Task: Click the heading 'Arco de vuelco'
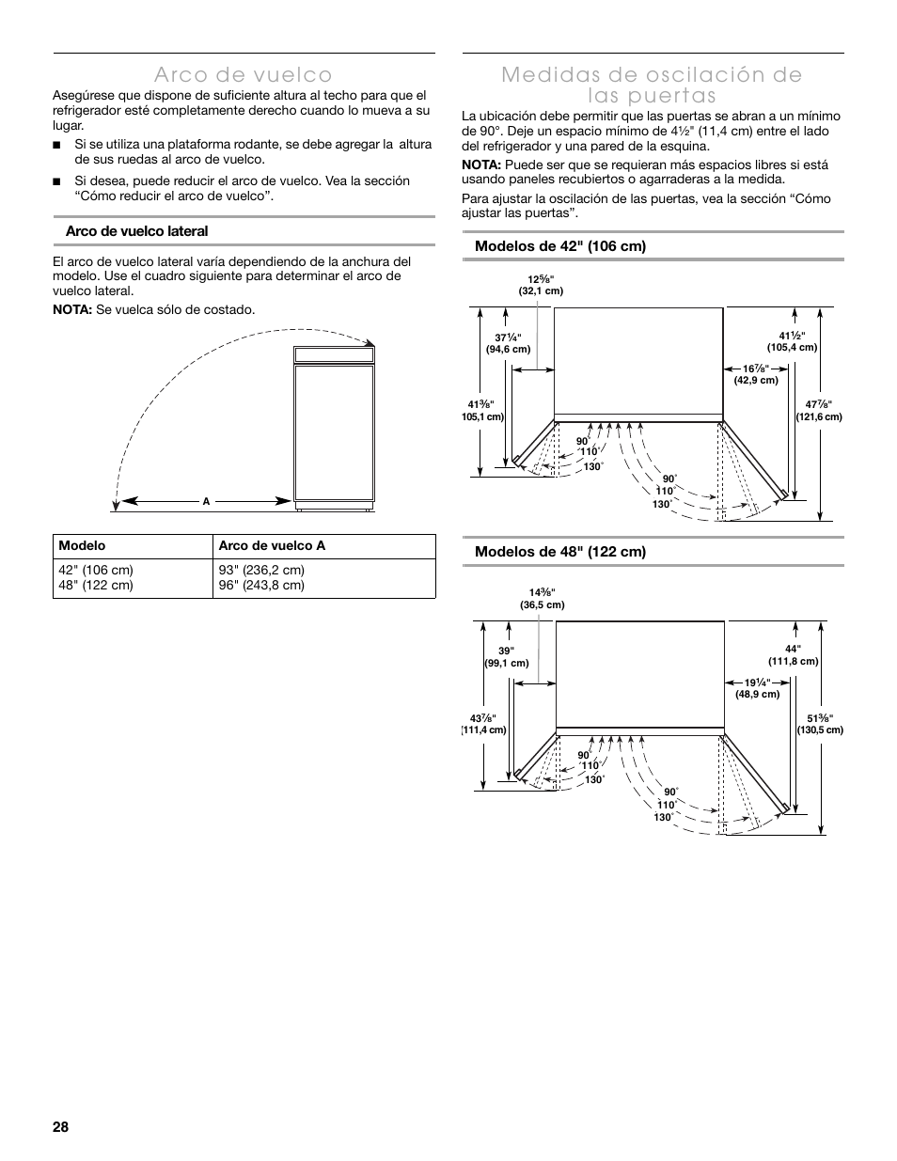[244, 74]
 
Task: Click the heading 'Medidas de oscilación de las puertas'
[652, 85]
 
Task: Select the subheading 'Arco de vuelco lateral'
[136, 231]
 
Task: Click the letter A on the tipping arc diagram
[206, 501]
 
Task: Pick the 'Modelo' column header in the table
[82, 546]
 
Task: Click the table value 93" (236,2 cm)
[261, 570]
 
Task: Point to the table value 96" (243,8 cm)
[261, 585]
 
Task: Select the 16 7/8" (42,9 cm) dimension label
[756, 374]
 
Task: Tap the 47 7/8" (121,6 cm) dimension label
[819, 411]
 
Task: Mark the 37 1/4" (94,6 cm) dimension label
[508, 343]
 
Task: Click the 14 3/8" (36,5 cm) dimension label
[542, 599]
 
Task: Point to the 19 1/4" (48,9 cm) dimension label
[757, 688]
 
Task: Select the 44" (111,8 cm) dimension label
[794, 655]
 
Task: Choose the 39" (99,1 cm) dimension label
[507, 657]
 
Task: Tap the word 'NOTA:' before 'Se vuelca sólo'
[71, 310]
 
